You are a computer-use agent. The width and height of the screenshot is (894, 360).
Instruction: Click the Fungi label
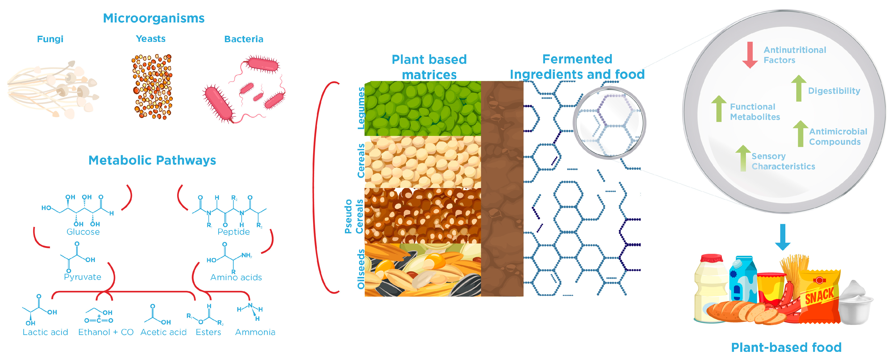tap(50, 39)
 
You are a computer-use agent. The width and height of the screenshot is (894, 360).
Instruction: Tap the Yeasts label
tap(151, 39)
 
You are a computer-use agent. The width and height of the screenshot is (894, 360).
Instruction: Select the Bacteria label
tap(244, 39)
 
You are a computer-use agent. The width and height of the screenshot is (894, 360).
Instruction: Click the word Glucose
tap(83, 232)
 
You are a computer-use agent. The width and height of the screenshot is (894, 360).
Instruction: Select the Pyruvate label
tap(83, 277)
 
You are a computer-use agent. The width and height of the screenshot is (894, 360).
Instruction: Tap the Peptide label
tap(234, 232)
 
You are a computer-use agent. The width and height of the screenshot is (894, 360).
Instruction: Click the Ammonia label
tap(255, 332)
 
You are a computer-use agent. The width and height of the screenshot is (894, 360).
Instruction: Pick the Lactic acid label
tap(45, 332)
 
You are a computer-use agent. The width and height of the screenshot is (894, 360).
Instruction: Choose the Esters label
tap(208, 332)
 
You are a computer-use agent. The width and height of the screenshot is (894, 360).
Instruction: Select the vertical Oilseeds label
tap(361, 269)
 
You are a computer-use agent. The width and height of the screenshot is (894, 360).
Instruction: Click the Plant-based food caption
tap(786, 348)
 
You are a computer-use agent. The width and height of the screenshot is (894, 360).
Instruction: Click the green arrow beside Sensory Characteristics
tap(743, 158)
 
